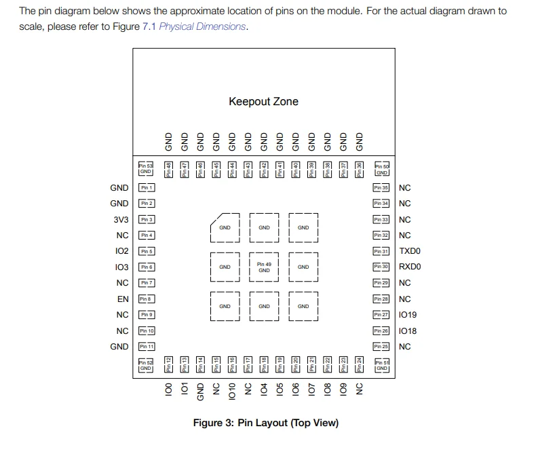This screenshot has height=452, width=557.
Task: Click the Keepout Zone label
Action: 263,102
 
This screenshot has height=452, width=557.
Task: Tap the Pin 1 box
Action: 147,187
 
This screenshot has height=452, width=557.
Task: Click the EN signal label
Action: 123,299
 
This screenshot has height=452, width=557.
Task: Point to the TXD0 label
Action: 410,251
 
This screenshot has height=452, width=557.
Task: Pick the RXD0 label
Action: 410,267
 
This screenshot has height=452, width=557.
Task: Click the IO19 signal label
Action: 408,315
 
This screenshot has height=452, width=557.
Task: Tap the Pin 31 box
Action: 381,251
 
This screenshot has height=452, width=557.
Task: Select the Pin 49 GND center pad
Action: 264,267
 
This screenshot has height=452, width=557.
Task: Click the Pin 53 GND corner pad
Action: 146,168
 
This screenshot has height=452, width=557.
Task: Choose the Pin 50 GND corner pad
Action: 382,169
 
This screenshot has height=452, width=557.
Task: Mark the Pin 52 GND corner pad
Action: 146,364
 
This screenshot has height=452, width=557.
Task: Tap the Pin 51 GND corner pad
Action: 382,364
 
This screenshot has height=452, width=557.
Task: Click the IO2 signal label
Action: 122,251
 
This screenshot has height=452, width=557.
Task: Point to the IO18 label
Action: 408,331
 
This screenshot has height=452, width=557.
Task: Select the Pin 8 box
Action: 147,299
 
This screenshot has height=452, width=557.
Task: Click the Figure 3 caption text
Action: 266,423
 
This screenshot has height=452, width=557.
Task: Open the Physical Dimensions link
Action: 202,26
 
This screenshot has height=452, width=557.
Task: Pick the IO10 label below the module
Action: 232,390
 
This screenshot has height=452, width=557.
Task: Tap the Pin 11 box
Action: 147,346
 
